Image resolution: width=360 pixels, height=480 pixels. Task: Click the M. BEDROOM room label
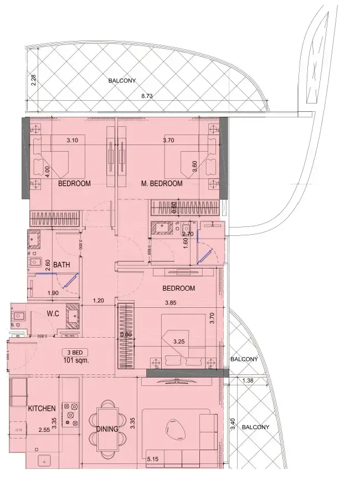click(161, 183)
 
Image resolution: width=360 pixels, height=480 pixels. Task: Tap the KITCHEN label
click(42, 409)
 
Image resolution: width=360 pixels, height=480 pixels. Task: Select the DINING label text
click(107, 429)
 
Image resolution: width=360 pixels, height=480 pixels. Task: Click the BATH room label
click(61, 265)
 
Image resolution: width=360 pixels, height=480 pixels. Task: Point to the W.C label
click(53, 314)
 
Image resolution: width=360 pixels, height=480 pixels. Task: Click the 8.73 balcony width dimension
click(147, 96)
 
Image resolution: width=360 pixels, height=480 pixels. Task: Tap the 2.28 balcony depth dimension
click(34, 80)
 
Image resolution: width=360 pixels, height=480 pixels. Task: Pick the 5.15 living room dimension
click(153, 458)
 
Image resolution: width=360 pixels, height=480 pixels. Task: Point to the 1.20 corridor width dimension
click(99, 301)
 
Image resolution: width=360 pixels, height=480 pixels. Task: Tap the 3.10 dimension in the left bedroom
click(71, 141)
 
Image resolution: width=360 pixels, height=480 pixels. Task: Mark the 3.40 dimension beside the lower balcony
click(233, 424)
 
